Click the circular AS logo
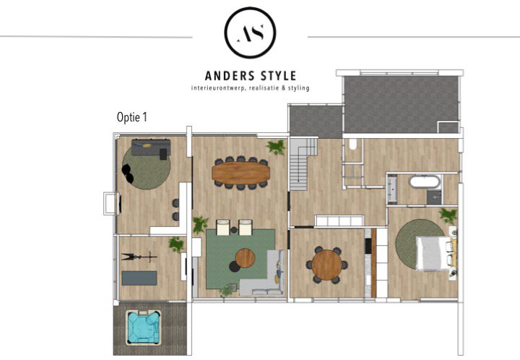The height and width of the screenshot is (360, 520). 249,33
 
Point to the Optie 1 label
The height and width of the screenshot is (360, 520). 131,117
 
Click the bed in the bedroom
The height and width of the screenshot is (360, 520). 431,253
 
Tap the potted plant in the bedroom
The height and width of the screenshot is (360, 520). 448,215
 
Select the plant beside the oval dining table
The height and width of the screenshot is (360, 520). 275,147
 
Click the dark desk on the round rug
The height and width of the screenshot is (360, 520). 147,152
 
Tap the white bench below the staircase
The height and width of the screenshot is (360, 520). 338,221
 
